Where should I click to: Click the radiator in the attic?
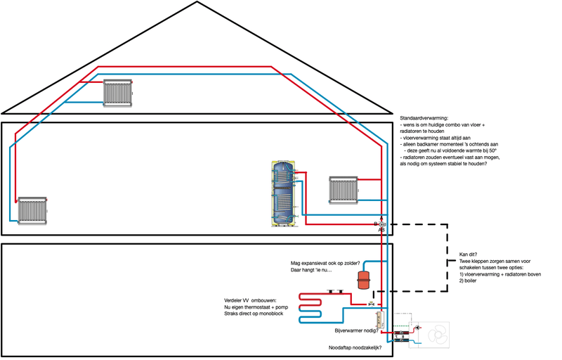coord(117,91)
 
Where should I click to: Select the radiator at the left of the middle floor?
coord(33,210)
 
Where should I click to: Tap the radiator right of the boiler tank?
coord(342,188)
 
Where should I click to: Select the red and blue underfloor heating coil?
coord(315,307)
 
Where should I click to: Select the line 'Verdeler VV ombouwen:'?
coord(255,300)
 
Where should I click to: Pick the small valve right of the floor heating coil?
coord(370,303)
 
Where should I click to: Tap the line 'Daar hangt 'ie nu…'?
coord(311,270)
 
